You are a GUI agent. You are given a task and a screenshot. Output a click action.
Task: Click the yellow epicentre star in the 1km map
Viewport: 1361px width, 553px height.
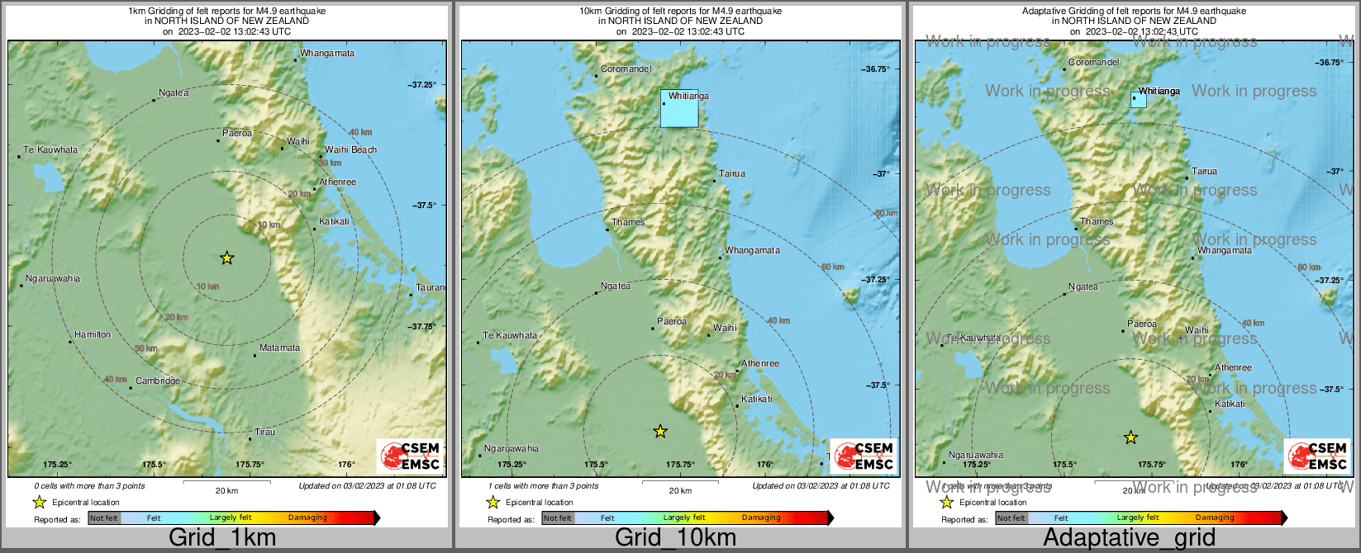click(227, 258)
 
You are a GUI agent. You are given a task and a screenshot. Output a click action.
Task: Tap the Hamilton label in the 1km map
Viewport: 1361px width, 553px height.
click(93, 334)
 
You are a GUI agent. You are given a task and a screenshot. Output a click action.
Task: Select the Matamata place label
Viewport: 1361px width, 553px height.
click(279, 347)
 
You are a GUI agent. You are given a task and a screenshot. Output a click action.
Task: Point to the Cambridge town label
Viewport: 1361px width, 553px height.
click(158, 380)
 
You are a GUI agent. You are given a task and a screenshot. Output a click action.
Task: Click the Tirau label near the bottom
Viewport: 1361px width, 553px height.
click(265, 432)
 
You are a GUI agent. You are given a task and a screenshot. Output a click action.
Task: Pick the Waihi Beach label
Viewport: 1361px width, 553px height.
click(350, 149)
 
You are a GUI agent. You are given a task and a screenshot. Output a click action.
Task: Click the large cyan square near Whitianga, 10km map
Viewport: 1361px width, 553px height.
click(679, 109)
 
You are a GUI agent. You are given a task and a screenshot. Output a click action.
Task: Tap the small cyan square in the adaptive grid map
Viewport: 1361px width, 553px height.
click(1138, 101)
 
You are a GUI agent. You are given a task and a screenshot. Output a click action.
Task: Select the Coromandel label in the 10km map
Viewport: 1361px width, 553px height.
click(626, 69)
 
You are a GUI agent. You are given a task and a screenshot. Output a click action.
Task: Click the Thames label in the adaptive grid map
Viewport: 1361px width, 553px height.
click(1097, 221)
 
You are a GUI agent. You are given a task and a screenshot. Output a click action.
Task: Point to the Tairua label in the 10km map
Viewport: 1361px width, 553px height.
click(732, 173)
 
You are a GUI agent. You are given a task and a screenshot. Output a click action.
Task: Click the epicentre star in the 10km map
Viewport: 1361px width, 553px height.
click(660, 431)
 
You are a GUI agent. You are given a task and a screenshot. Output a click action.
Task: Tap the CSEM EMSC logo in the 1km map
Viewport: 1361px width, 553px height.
click(410, 456)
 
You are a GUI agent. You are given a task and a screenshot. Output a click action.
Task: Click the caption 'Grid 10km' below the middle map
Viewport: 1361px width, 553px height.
click(675, 538)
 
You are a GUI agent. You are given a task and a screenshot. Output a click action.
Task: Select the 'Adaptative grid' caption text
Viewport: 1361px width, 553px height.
click(1129, 538)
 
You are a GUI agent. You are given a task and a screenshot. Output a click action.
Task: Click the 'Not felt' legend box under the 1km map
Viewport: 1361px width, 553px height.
click(104, 518)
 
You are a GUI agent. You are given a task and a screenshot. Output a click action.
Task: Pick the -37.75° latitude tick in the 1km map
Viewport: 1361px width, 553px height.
click(421, 326)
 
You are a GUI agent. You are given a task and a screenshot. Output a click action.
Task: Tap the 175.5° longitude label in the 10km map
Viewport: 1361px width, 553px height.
click(596, 465)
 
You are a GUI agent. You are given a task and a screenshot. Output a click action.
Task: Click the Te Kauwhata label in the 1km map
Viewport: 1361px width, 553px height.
click(50, 149)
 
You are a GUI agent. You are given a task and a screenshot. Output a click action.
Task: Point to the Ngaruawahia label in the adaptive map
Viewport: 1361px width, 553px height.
click(976, 455)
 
